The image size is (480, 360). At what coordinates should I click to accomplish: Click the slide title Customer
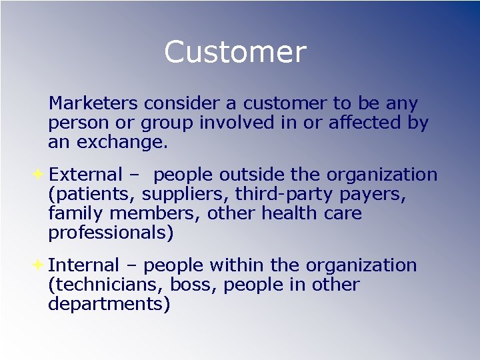tap(235, 52)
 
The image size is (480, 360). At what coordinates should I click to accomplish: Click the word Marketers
tap(93, 104)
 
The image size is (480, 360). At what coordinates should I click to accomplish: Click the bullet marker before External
tap(39, 175)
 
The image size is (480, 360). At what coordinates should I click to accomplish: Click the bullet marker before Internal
tap(39, 265)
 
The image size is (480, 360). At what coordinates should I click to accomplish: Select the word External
tap(86, 175)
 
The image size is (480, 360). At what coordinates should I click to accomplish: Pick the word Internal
tap(83, 265)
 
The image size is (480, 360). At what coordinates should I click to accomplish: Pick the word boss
tap(191, 285)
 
